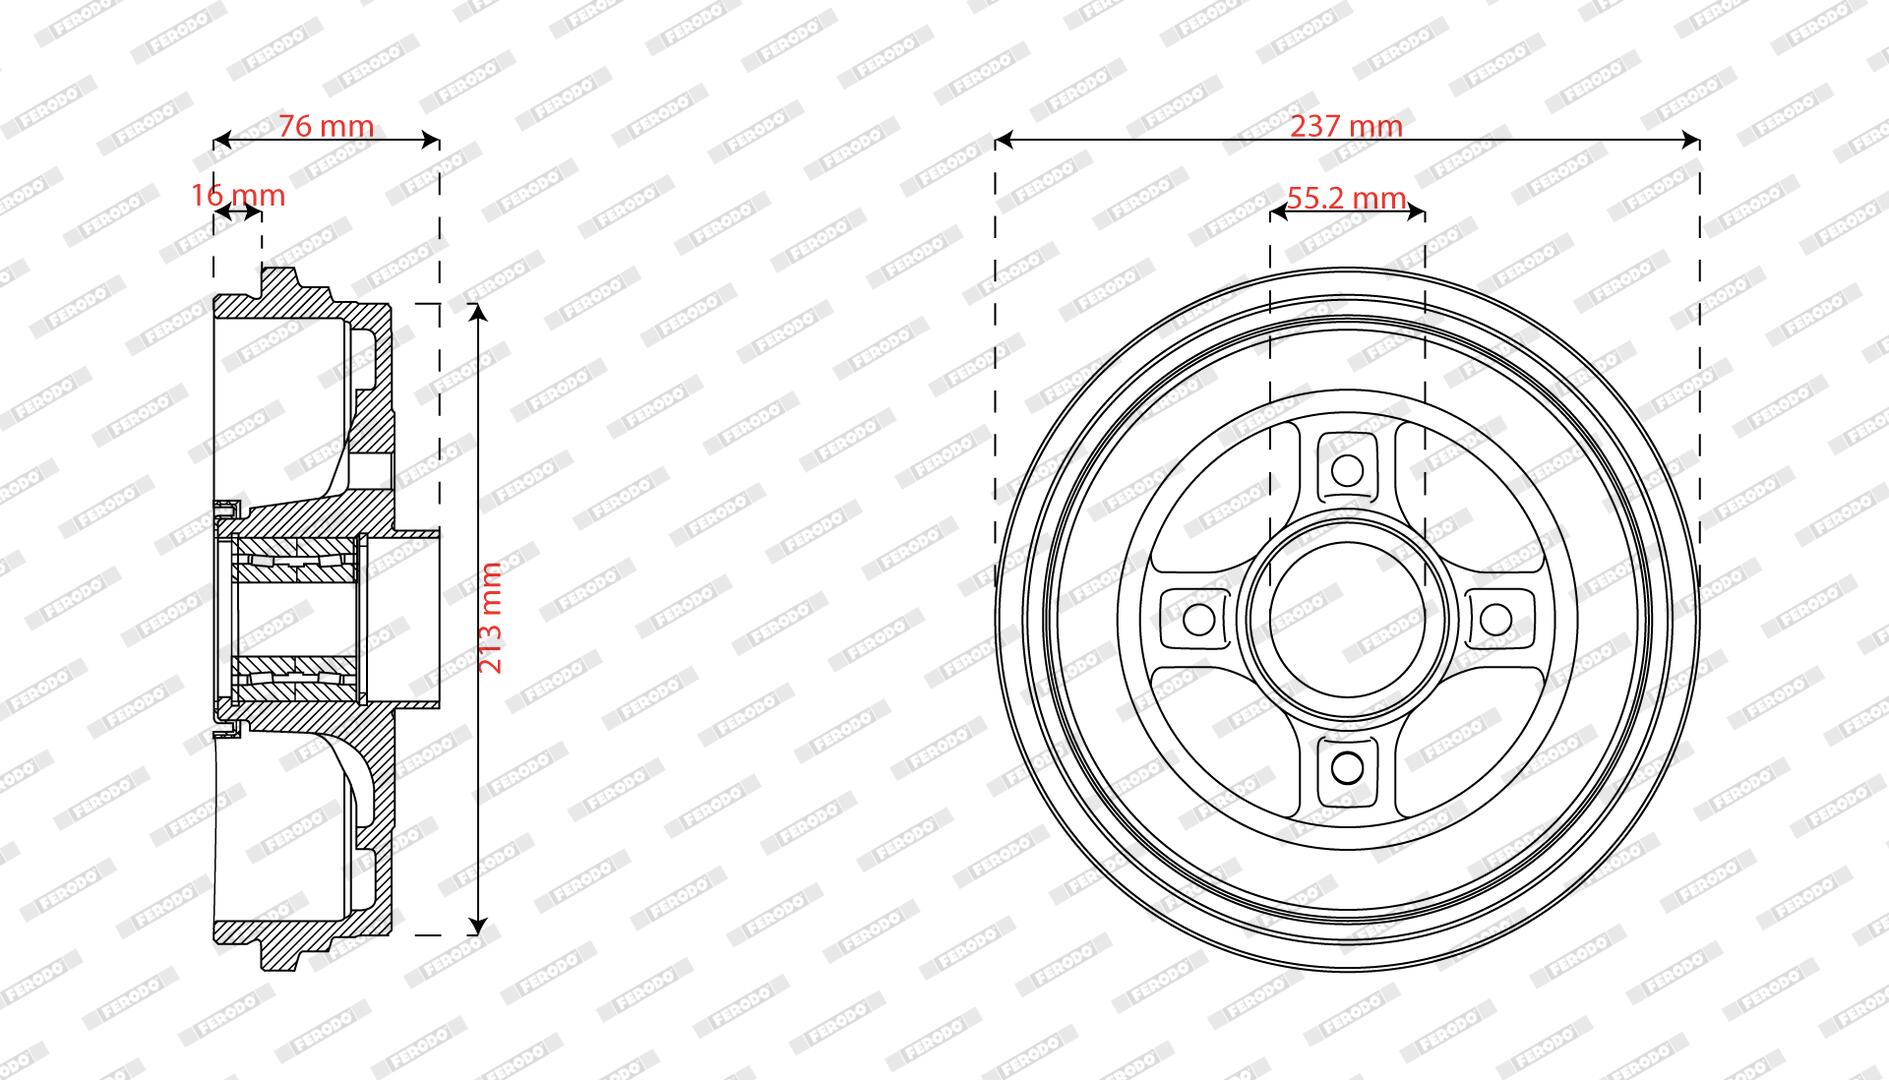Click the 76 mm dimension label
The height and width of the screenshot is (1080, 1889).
click(x=326, y=126)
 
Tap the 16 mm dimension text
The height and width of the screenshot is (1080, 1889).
click(x=238, y=194)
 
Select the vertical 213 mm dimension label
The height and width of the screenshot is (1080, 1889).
click(x=491, y=617)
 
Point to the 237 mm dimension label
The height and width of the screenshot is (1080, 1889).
click(x=1346, y=126)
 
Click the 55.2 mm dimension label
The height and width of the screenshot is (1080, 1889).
click(x=1346, y=198)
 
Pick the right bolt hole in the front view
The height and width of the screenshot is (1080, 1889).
click(x=1495, y=619)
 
